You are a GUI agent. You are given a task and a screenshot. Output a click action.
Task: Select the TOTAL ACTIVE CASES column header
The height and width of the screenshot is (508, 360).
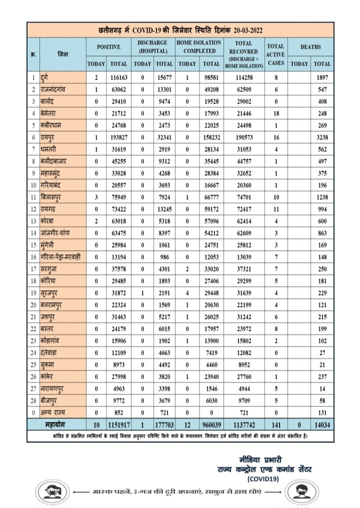(x=275, y=54)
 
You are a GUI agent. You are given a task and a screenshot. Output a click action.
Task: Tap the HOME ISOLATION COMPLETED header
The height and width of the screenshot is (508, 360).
(x=199, y=47)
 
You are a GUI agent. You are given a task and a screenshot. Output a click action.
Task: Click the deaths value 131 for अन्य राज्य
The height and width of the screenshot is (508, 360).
(x=322, y=413)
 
